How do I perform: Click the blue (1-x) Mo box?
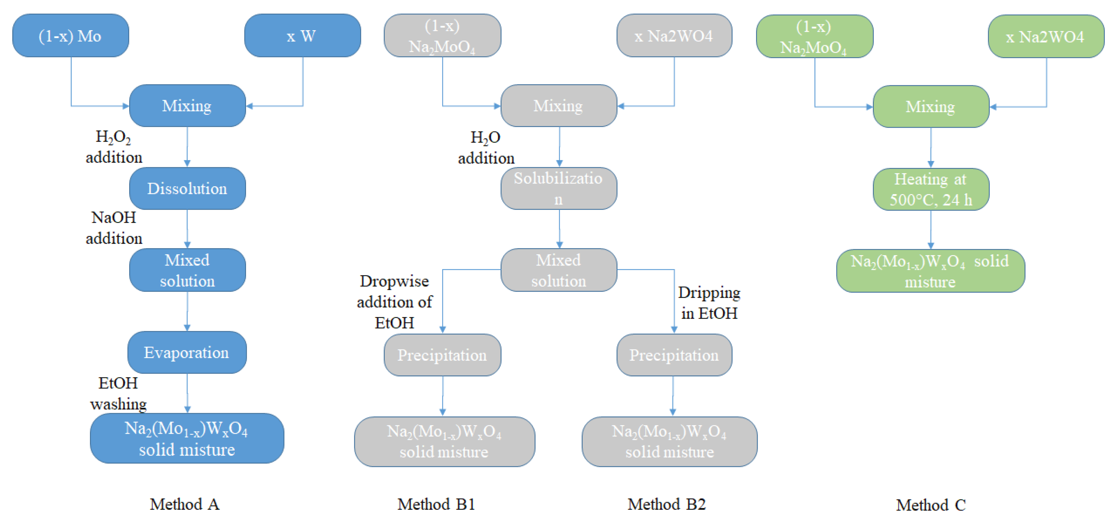70,36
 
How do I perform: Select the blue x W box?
302,36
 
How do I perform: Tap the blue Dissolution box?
187,189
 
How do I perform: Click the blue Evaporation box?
187,352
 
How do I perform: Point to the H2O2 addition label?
114,147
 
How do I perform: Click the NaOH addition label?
114,228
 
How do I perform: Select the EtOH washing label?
118,393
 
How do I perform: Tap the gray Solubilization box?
558,189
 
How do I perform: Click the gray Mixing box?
558,106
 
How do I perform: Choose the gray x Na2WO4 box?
674,36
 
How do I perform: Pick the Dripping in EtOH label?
709,303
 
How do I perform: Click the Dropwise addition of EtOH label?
394,302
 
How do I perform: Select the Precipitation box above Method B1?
442,355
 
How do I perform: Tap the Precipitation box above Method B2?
674,355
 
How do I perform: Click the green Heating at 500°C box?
930,189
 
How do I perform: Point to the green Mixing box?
930,107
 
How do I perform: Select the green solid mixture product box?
930,271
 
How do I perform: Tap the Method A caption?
185,504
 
